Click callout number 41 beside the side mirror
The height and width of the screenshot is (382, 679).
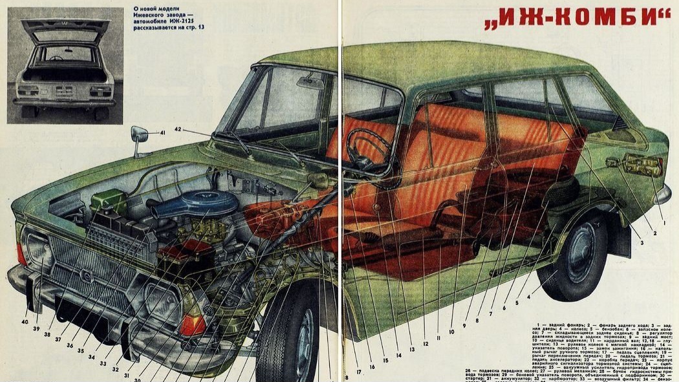click(163, 133)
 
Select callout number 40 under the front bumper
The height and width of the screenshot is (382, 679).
click(25, 321)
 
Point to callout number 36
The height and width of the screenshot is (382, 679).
click(69, 345)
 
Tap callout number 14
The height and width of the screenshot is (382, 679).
click(399, 355)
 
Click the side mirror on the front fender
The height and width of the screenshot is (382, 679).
click(139, 136)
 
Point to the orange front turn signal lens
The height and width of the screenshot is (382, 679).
click(192, 323)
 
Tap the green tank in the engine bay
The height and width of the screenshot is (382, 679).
click(109, 202)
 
